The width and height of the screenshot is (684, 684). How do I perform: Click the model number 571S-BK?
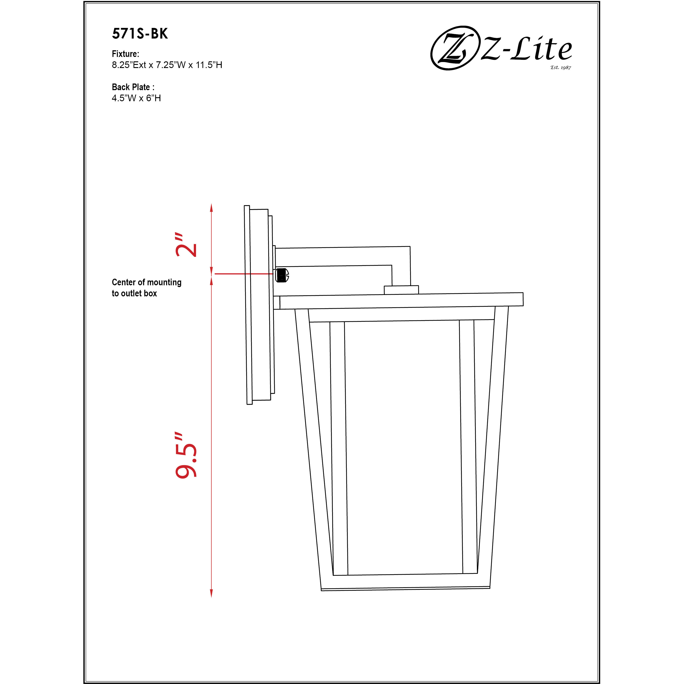click(x=140, y=34)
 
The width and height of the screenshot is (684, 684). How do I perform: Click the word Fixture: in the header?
click(x=125, y=54)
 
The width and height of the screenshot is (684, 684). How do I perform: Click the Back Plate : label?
click(x=133, y=87)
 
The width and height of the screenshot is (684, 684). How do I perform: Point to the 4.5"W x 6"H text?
click(x=136, y=98)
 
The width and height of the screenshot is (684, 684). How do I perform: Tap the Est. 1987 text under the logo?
click(x=560, y=67)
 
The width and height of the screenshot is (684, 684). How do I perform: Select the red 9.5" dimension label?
click(x=186, y=455)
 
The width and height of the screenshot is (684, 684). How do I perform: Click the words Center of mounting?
click(x=147, y=282)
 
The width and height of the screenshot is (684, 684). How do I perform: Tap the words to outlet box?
click(x=134, y=293)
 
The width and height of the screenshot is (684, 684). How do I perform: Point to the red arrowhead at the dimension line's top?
click(x=211, y=208)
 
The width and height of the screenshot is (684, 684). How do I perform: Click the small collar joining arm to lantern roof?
click(x=401, y=290)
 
